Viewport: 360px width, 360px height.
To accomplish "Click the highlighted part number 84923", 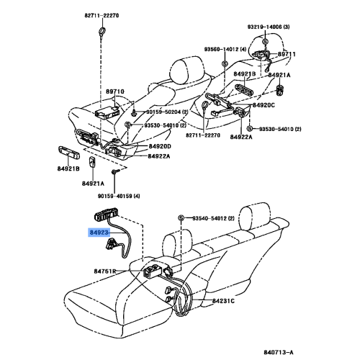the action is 99,233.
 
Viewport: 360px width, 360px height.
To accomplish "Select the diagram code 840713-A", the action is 279,352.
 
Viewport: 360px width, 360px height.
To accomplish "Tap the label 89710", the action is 115,91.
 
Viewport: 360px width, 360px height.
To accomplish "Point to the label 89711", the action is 287,54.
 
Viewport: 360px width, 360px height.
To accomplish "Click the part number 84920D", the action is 160,146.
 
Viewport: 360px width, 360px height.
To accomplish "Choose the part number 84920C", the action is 264,105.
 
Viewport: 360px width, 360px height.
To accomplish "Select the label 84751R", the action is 105,271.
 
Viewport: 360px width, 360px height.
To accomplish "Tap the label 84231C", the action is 223,301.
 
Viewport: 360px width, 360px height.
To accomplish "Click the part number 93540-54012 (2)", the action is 213,218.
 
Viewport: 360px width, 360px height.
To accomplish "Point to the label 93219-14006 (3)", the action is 269,27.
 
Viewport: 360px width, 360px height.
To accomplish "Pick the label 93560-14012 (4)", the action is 225,49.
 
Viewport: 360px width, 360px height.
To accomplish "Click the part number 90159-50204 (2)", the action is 167,112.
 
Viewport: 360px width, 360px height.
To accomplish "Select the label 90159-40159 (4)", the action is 119,196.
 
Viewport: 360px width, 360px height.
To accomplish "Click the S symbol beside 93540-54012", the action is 181,218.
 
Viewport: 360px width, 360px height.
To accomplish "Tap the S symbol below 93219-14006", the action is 265,41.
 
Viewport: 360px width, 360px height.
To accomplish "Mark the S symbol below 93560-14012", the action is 225,64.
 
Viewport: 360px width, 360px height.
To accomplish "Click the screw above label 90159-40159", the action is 114,171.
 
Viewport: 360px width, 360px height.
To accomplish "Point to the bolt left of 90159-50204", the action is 134,112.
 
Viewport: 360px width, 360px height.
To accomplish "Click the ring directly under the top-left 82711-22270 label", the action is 102,31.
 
